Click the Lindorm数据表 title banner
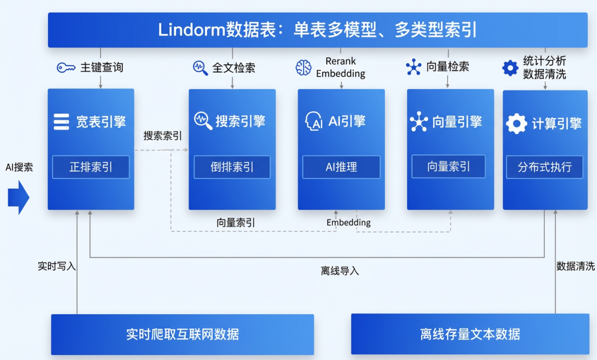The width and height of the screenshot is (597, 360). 318,29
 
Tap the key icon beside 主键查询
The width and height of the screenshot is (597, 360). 66,67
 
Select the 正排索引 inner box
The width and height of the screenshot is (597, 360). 91,167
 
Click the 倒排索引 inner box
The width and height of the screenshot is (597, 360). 232,167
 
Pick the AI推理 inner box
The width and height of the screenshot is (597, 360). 341,167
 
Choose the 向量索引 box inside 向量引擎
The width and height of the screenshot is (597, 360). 448,166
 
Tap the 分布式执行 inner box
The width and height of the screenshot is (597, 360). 544,167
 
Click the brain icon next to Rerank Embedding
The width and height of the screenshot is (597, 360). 303,67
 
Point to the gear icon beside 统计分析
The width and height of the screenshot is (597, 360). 510,67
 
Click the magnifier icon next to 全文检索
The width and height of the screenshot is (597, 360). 200,67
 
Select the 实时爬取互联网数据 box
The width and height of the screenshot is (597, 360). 182,334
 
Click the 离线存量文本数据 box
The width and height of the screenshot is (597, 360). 470,334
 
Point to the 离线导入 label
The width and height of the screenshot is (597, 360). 339,271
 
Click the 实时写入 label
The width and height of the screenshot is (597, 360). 56,266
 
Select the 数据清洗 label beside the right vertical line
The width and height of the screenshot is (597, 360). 575,266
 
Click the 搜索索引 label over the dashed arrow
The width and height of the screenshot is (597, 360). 163,136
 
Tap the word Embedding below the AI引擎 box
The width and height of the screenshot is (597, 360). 348,222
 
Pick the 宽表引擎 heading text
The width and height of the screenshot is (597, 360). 101,122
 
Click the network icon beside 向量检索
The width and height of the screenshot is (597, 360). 413,67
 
